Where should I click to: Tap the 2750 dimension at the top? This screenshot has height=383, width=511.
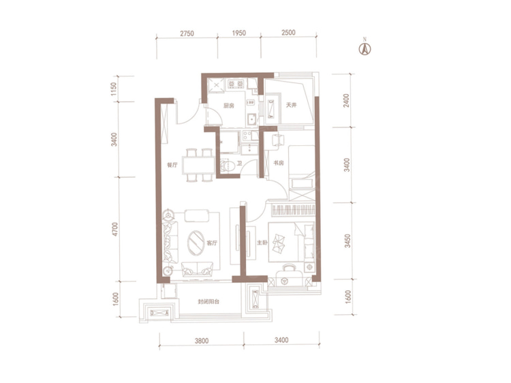187,33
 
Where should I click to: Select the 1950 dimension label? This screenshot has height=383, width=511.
239,33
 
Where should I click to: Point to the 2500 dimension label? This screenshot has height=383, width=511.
288,33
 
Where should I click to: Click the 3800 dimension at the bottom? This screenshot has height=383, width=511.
202,341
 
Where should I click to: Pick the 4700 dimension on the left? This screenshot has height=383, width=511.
114,229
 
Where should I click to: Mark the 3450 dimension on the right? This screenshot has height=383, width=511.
347,241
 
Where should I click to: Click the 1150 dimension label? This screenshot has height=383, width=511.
113,89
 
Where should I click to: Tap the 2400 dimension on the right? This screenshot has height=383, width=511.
346,100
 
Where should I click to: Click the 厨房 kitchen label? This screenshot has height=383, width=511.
228,106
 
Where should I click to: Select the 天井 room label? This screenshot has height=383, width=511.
291,105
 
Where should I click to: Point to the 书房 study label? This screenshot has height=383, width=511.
278,163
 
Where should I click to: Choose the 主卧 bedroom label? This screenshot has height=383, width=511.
262,243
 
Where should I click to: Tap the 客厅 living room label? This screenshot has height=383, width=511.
212,243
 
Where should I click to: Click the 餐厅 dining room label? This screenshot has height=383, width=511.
172,165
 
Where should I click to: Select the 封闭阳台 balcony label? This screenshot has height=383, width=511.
208,301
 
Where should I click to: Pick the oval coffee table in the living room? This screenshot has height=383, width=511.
196,243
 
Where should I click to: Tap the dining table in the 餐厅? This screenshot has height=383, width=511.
198,166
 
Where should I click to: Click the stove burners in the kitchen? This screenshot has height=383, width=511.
236,84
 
